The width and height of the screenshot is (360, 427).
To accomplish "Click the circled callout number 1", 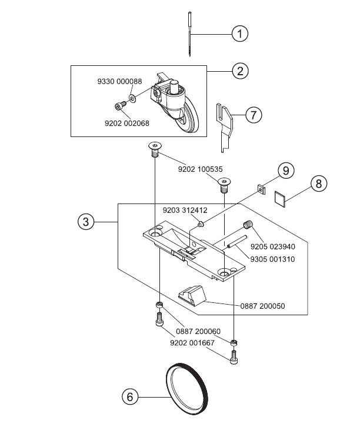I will click(239, 34).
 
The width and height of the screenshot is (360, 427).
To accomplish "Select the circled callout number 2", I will click(239, 71).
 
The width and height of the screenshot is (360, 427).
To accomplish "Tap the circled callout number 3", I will click(86, 222).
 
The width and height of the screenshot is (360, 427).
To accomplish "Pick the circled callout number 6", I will click(131, 397).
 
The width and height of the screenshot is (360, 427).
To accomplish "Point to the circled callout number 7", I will click(253, 114).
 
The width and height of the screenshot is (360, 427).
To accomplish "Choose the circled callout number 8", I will click(318, 184).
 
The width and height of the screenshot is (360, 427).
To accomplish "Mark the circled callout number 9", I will click(286, 171).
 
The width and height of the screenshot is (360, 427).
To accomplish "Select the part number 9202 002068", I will click(127, 123).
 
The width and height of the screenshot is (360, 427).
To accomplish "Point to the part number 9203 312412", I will click(185, 210).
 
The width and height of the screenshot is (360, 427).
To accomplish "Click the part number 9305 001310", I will click(272, 259).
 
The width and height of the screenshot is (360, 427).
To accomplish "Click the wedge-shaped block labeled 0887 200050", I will click(194, 293).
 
